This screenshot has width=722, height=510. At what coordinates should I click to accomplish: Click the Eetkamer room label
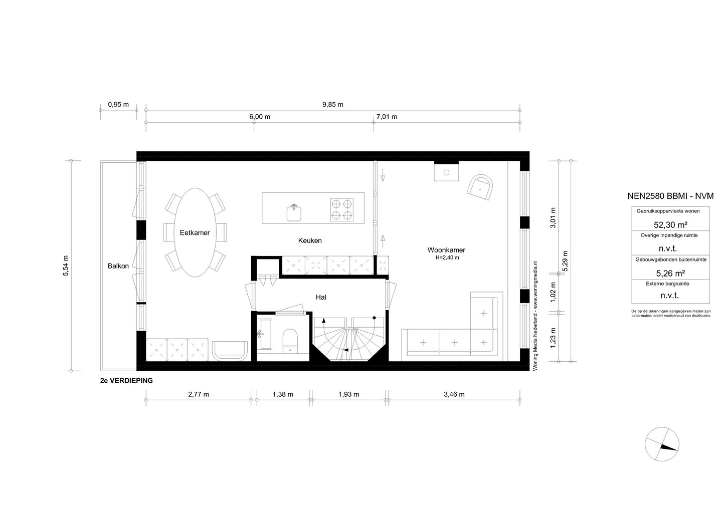click(x=195, y=232)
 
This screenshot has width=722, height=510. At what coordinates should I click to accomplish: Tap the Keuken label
click(x=309, y=240)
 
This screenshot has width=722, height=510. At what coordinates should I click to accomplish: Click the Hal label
click(x=321, y=297)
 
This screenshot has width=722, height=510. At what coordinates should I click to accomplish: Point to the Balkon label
click(x=118, y=266)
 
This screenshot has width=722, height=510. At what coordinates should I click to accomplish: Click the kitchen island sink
click(x=294, y=212)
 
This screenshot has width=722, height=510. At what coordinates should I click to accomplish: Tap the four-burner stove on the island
click(x=341, y=209)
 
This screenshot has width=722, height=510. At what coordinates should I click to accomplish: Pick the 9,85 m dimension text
click(x=332, y=105)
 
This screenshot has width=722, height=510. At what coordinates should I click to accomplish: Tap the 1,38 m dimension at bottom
click(x=282, y=394)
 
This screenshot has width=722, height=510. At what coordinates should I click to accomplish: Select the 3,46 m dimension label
click(x=454, y=394)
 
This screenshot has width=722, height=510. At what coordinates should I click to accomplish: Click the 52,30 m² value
click(x=670, y=225)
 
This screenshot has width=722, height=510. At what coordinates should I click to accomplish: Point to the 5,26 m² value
click(x=670, y=273)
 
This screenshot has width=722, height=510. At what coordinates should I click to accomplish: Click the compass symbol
click(x=663, y=445)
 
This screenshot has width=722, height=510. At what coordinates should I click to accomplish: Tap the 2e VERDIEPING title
click(x=126, y=381)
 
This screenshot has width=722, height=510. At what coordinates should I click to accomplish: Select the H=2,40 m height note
click(x=447, y=258)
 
